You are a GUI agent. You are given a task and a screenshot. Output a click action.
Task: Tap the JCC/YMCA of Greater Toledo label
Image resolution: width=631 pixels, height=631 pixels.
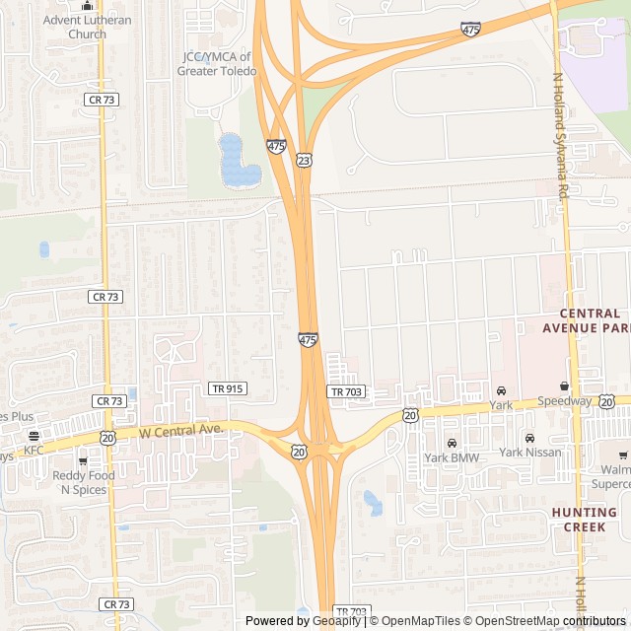tap(215, 63)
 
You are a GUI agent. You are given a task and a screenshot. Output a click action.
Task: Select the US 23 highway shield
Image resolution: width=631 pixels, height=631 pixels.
tap(304, 160)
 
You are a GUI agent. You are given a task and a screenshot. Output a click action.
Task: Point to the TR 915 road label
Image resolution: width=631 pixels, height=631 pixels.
tap(227, 388)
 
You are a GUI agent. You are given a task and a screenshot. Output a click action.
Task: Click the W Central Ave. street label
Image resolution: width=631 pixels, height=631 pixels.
tap(182, 431)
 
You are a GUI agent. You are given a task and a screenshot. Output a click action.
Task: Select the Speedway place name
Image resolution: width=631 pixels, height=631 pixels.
tap(564, 401)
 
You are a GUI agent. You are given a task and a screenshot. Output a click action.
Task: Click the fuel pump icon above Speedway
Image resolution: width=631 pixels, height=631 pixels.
tap(565, 386)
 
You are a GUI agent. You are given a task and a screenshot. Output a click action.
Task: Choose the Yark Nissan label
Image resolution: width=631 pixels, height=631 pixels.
tap(529, 453)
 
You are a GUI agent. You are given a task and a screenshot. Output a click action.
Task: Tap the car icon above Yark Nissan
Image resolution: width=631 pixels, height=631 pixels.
tap(529, 438)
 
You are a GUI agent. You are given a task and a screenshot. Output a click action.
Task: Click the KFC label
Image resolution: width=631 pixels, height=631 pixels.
tap(35, 451)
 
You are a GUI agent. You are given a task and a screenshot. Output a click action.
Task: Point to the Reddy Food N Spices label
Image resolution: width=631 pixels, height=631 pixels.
tap(83, 482)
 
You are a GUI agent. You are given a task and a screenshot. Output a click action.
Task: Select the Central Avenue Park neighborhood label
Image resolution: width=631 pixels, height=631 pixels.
tap(586, 320)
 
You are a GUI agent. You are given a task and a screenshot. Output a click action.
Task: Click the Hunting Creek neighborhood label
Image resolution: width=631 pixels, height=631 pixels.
tap(584, 520)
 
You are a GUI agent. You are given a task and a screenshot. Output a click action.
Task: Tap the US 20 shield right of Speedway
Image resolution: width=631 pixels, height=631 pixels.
tap(606, 401)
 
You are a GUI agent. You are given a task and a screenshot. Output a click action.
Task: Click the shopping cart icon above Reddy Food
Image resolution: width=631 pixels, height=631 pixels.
tap(83, 460)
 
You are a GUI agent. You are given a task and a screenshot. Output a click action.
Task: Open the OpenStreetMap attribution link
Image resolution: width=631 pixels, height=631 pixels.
tap(512, 621)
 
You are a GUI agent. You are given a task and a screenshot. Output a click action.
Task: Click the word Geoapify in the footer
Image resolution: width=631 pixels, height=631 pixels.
tap(336, 621)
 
